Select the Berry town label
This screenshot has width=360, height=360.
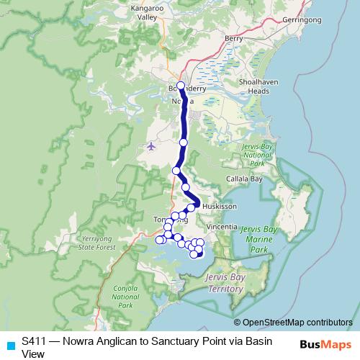[x=233, y=38]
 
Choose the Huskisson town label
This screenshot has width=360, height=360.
[x=220, y=206]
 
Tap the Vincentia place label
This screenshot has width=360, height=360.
[x=220, y=226]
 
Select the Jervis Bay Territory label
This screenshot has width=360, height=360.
[x=224, y=283]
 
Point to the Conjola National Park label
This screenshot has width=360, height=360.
[x=125, y=296]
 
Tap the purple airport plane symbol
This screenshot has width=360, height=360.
[x=150, y=147]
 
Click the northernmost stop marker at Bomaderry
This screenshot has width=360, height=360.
[x=181, y=86]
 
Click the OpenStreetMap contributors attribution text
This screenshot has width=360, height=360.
[x=297, y=322]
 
